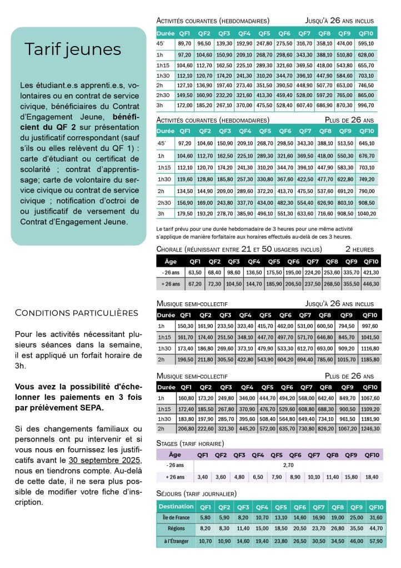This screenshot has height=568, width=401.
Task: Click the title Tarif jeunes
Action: pyautogui.click(x=72, y=49)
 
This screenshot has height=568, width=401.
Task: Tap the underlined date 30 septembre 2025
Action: pyautogui.click(x=104, y=461)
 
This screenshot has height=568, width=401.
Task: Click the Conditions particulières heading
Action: pyautogui.click(x=76, y=313)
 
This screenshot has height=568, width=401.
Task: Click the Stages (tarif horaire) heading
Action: pyautogui.click(x=191, y=443)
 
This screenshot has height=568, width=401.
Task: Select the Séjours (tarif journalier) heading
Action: pyautogui.click(x=197, y=494)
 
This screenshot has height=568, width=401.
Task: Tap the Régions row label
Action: pyautogui.click(x=176, y=528)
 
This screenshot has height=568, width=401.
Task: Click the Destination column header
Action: pyautogui.click(x=176, y=506)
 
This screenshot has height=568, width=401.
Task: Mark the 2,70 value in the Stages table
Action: pyautogui.click(x=288, y=465)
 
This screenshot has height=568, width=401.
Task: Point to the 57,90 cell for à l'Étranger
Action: pyautogui.click(x=376, y=540)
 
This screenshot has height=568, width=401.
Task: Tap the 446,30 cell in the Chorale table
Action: pyautogui.click(x=370, y=283)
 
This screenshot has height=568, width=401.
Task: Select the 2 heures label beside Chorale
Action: pyautogui.click(x=359, y=249)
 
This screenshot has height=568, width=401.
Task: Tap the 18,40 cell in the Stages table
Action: pyautogui.click(x=371, y=477)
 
